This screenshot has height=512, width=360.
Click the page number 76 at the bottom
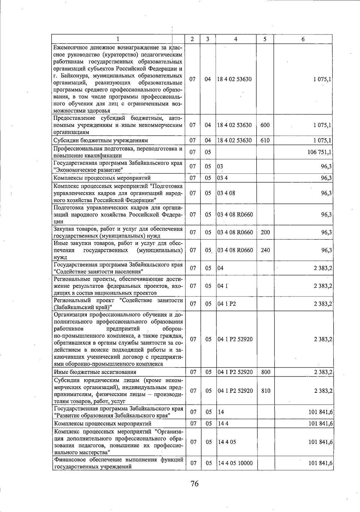coord(194,484)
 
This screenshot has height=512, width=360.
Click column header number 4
coord(236,39)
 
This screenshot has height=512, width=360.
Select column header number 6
coord(303,39)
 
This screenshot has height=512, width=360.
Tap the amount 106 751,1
coord(319,152)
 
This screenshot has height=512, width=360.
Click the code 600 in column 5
coord(265,125)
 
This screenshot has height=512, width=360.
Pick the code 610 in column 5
coord(265,140)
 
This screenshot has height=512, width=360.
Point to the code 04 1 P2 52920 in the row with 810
coord(235,391)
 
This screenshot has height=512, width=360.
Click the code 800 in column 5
coord(265,372)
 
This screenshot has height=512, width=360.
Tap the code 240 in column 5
coord(265,250)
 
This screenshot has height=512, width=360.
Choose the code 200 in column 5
coord(265,232)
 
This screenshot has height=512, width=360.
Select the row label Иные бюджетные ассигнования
coord(95,372)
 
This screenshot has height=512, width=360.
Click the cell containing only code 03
coord(220,166)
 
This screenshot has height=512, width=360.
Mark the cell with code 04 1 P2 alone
coord(227,304)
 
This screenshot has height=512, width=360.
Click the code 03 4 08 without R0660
coord(226,193)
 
